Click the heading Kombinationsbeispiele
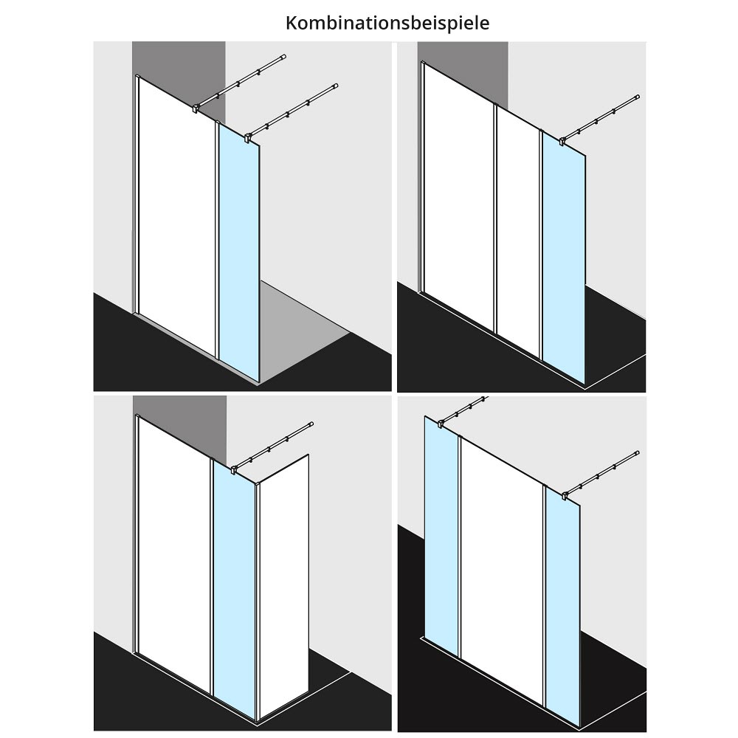coord(387,23)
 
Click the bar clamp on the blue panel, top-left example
coord(247,137)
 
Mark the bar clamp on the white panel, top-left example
coord(196,108)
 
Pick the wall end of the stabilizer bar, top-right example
coord(637,97)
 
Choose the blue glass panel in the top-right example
coord(564,258)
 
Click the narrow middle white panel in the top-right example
coord(518,230)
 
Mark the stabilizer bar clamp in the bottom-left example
coord(234,469)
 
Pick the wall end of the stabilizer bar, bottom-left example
coord(311,424)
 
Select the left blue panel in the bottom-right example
coord(441,537)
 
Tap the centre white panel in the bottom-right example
coord(502,570)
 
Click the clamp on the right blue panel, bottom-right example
coord(565,495)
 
